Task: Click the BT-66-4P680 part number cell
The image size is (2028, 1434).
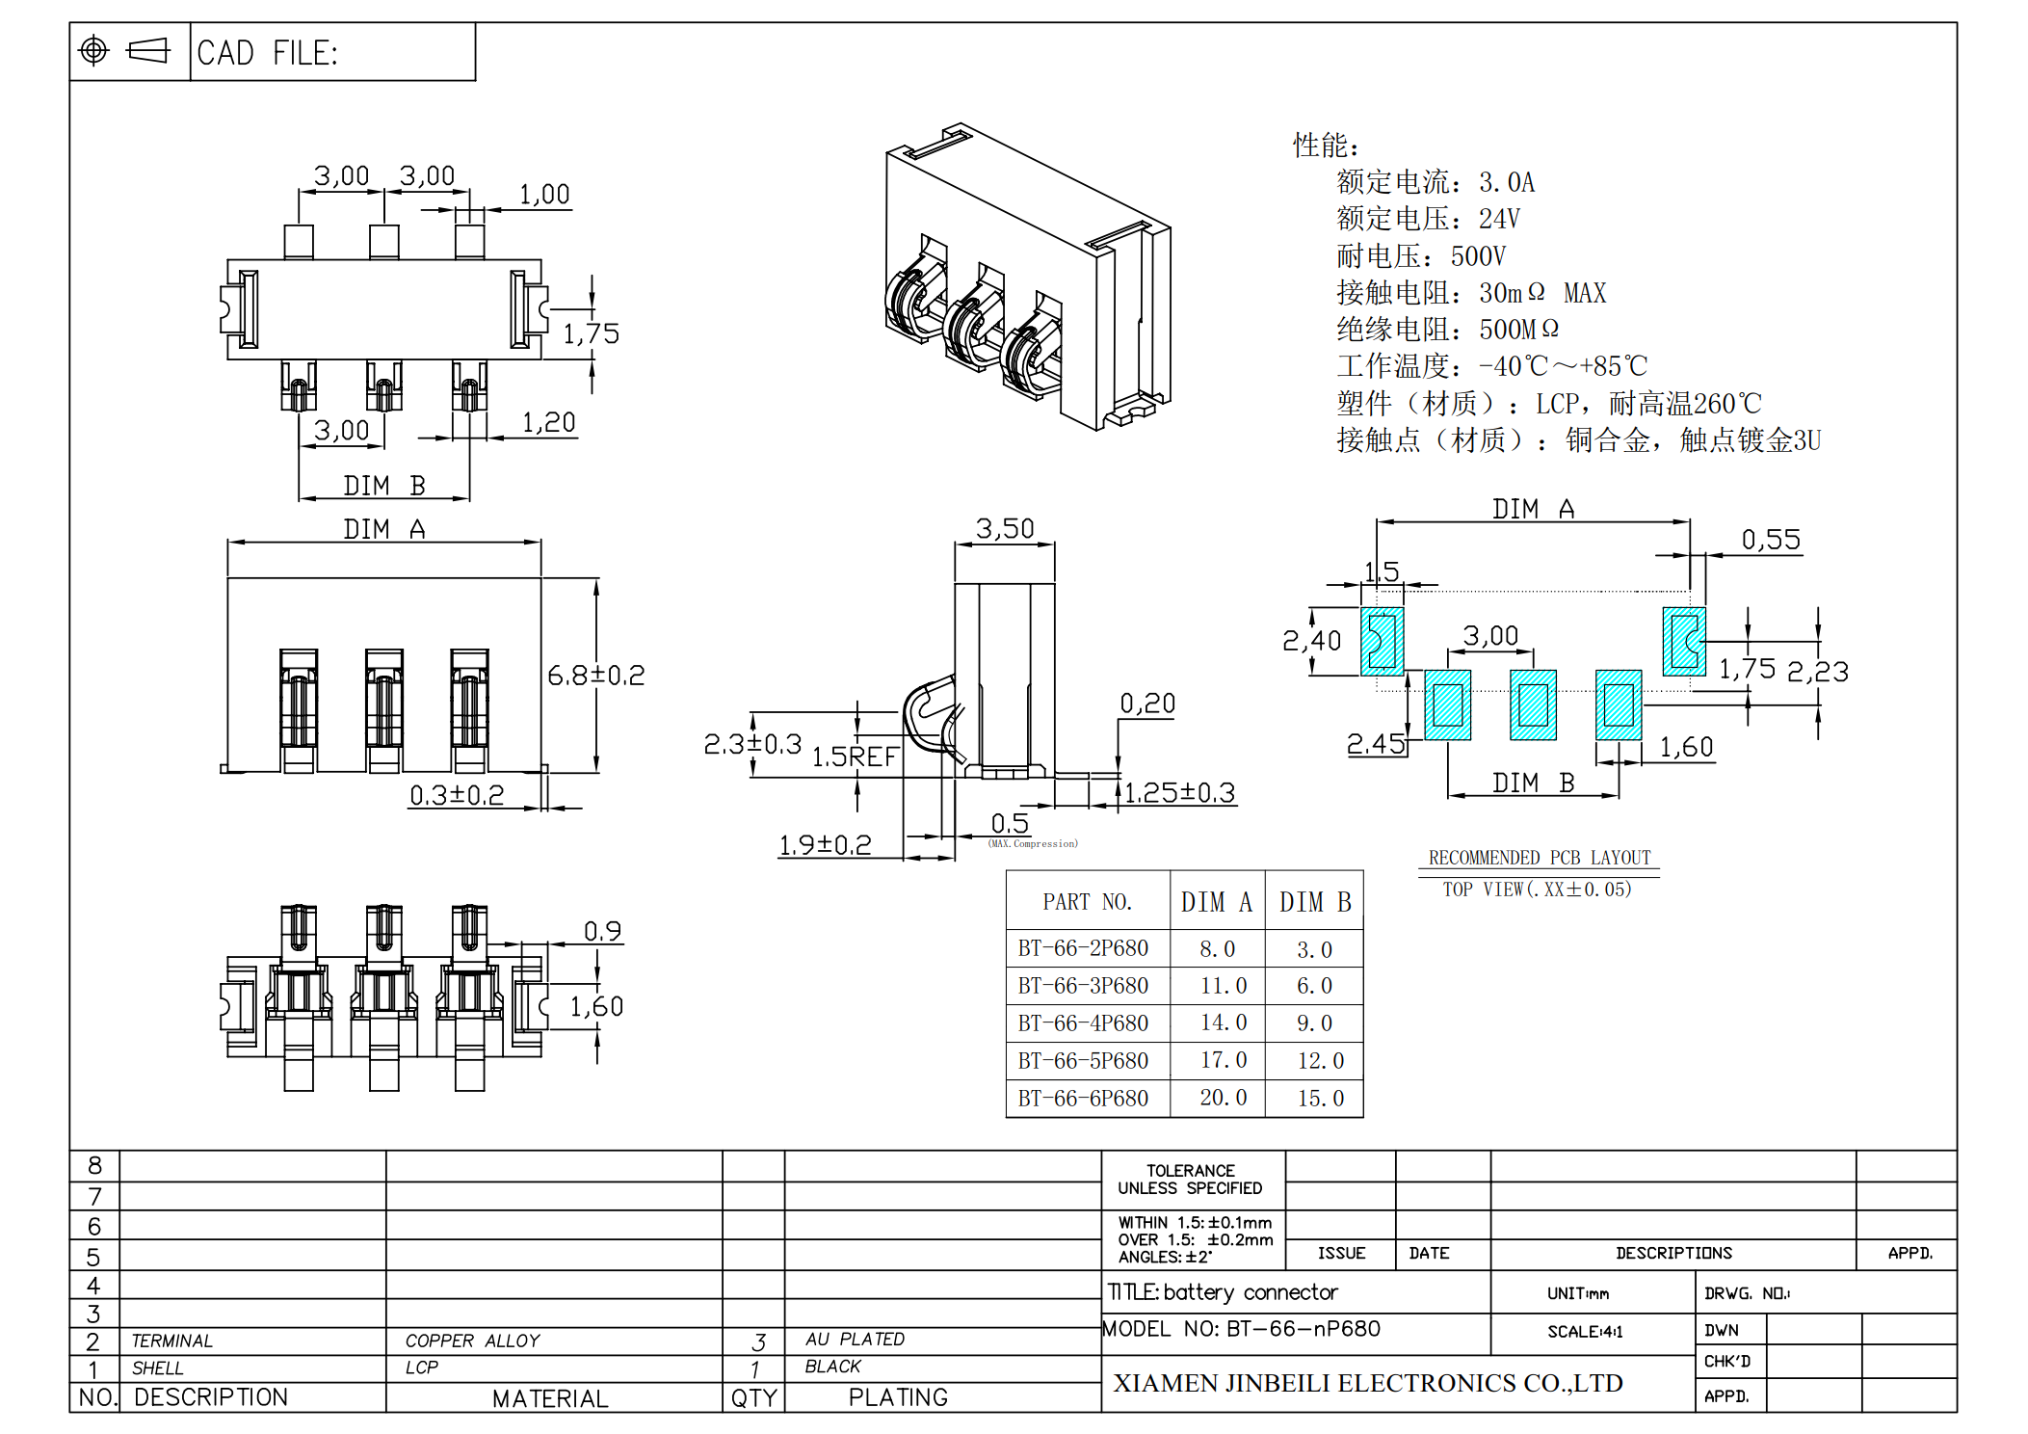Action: click(1083, 1022)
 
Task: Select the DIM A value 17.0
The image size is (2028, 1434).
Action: click(1223, 1060)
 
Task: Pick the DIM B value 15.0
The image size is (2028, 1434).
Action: click(1320, 1098)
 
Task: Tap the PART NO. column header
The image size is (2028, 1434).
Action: click(1087, 902)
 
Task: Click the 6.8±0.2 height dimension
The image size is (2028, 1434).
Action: click(595, 675)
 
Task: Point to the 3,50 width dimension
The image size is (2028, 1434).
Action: click(1004, 528)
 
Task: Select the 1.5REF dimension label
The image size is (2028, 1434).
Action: click(855, 757)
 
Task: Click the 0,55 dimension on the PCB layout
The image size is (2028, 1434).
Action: click(1771, 540)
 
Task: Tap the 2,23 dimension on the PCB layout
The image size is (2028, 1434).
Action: click(1818, 672)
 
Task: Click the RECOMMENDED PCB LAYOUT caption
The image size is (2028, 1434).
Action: click(1539, 858)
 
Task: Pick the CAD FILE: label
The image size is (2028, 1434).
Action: click(268, 53)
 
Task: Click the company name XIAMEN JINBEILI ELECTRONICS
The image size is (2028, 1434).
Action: click(1367, 1383)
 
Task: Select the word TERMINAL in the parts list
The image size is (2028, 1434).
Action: click(171, 1341)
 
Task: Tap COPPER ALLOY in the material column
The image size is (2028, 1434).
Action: click(472, 1341)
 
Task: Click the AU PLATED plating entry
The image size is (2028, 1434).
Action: click(855, 1339)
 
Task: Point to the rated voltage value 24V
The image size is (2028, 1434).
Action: click(1499, 220)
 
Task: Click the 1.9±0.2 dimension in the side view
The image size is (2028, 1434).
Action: click(825, 845)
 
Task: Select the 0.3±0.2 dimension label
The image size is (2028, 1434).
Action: click(457, 795)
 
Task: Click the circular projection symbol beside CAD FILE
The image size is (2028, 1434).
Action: click(93, 50)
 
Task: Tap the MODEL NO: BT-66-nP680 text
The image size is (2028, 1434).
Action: click(1241, 1329)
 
